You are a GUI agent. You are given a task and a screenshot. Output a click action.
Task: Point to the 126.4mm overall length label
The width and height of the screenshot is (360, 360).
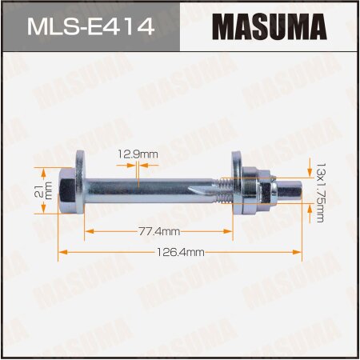tap(180, 250)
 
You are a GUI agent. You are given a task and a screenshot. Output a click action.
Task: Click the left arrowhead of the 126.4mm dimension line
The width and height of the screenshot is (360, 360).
tap(62, 251)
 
